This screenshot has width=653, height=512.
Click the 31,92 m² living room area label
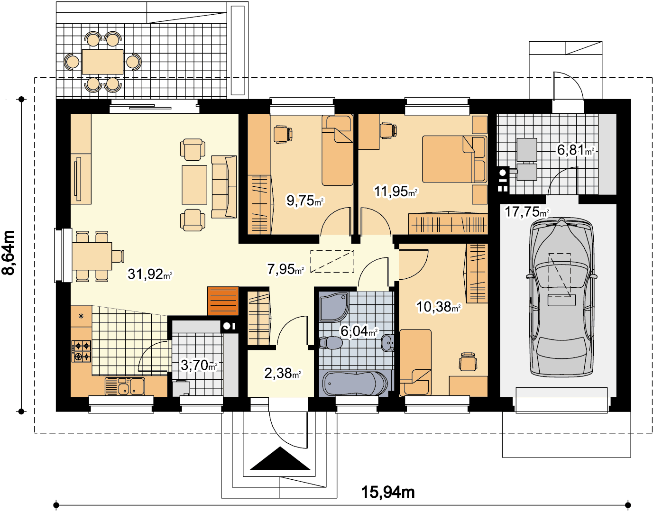coord(150,274)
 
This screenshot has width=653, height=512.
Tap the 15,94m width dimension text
coord(387,492)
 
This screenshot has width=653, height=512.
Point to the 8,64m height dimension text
coord(8,253)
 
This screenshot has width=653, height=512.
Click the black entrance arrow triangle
coord(280,458)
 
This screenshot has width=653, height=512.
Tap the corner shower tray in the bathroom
coord(334,306)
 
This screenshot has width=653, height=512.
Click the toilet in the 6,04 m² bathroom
coord(331,343)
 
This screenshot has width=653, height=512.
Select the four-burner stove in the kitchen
coord(81,351)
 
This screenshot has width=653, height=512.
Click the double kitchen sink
coord(125,386)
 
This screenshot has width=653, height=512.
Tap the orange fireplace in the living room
coord(223,301)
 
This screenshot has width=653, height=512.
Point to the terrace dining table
coord(102,62)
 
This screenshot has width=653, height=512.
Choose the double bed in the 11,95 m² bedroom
coord(454,159)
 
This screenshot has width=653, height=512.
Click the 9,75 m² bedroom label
coord(305,201)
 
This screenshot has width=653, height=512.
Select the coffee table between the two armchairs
coord(194,185)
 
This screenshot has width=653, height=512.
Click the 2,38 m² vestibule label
coord(283,373)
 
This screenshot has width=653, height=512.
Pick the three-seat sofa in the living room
coord(224,187)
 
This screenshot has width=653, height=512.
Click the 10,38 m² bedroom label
coord(439,307)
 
